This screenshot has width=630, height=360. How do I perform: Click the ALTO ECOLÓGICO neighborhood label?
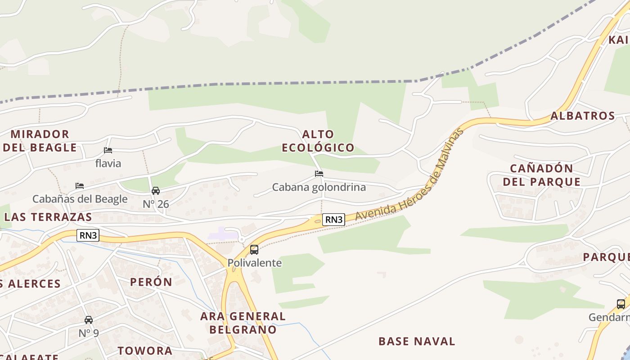[318, 141]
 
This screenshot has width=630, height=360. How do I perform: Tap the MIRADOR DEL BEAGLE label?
[40, 141]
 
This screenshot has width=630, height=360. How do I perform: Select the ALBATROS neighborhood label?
[583, 116]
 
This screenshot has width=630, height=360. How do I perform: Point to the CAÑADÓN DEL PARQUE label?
[541, 175]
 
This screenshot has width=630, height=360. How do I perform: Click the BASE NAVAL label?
[417, 341]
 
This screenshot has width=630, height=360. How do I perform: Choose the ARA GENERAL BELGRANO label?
[243, 323]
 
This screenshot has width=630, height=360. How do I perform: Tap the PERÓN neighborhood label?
[151, 282]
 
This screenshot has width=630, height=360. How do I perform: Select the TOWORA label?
[145, 351]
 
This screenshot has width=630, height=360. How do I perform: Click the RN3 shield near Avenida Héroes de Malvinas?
[334, 220]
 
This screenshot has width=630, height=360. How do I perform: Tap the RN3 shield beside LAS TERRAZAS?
[88, 235]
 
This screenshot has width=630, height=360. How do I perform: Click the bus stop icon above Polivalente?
[254, 249]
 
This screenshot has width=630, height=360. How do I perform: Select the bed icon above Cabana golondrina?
[319, 173]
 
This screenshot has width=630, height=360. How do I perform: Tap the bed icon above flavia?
[108, 150]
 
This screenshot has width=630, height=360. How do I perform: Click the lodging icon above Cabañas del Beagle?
[80, 185]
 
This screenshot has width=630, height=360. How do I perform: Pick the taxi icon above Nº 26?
[156, 191]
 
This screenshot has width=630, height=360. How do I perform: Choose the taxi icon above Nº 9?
[89, 320]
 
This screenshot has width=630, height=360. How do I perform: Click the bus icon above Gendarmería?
[621, 304]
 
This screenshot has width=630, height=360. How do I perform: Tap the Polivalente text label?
[255, 263]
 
